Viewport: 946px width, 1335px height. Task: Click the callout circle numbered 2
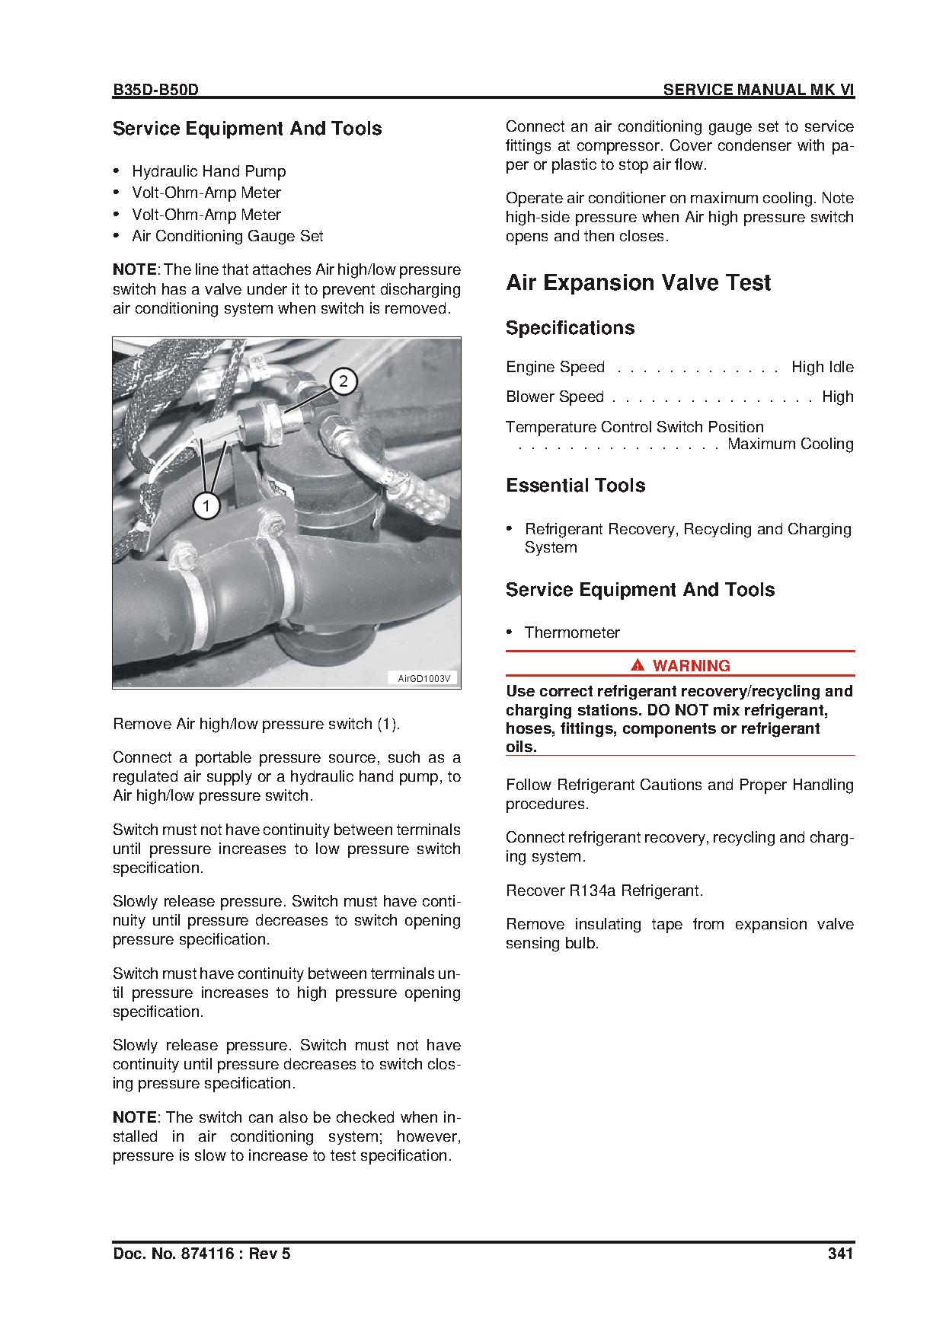344,381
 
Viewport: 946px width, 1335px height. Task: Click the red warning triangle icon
638,666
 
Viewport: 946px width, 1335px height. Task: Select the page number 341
840,1254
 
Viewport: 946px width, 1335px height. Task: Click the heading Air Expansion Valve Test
638,283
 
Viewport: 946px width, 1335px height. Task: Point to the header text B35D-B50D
155,90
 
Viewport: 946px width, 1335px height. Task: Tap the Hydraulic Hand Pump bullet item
209,171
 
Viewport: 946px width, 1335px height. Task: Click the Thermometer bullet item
572,632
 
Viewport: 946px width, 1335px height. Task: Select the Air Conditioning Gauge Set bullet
227,236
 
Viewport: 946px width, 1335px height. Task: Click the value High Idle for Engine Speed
823,367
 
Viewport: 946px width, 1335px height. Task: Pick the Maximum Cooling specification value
790,444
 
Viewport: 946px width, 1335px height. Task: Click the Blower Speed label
554,397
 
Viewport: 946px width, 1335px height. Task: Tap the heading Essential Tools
575,486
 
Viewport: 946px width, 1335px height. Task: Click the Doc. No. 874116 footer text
201,1254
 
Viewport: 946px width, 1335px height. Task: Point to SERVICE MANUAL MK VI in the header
758,90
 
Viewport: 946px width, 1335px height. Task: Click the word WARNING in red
691,666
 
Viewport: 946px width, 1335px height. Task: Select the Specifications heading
570,328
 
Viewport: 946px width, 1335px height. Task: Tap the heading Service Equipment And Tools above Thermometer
640,590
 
